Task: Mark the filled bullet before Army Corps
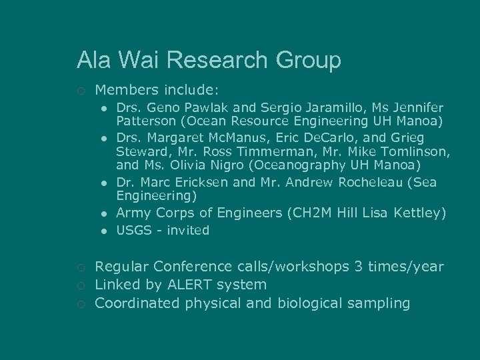pos(105,213)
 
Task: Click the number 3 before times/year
pos(364,267)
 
